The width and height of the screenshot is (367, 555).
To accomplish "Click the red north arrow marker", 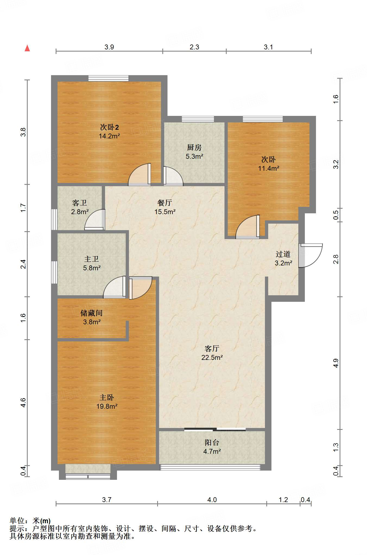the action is [x=27, y=48].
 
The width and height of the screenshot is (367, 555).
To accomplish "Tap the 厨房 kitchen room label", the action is [x=194, y=147].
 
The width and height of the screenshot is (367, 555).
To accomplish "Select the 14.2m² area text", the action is [x=109, y=136].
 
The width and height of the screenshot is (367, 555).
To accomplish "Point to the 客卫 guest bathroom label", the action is [x=80, y=203].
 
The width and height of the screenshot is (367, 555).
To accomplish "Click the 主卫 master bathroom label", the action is [x=91, y=259].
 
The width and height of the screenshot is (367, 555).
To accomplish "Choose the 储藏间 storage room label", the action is [x=91, y=313].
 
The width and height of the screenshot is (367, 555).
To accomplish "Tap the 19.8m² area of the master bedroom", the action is [x=107, y=406].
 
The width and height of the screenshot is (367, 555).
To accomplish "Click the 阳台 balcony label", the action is [x=212, y=443].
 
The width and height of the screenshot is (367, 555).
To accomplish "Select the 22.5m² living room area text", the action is [x=212, y=357].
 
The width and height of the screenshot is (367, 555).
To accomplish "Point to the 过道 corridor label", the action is [x=283, y=254].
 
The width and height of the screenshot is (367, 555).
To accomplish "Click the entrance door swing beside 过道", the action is [x=311, y=255].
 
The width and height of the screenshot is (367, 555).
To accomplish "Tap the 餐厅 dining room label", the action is [x=165, y=203].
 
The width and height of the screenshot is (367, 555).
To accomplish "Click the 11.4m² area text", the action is [x=269, y=168].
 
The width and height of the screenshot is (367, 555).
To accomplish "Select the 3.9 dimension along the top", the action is [x=109, y=47].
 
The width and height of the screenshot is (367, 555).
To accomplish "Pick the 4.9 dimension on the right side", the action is [x=336, y=363].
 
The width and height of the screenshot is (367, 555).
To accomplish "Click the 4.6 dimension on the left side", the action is [x=23, y=402].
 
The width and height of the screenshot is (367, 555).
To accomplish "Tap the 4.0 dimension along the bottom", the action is [x=212, y=500].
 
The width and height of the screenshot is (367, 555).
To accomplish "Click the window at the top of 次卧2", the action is [x=108, y=78].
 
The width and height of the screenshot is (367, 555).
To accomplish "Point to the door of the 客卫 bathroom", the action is [x=95, y=220].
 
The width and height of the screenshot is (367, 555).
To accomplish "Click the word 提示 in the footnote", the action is [x=17, y=528].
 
